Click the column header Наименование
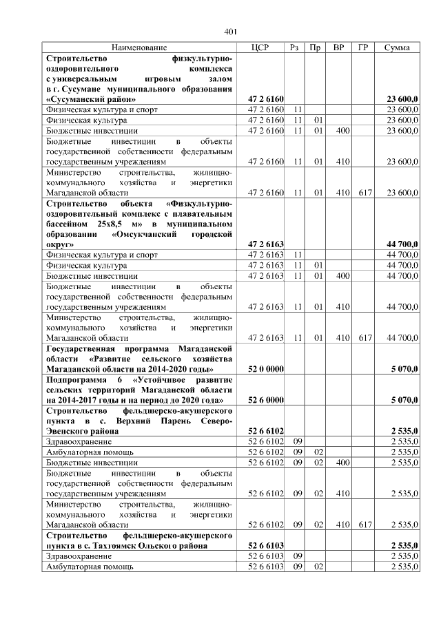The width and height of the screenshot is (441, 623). [x=139, y=47]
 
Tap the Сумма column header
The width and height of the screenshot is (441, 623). [x=397, y=47]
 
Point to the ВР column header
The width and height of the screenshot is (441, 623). [x=338, y=47]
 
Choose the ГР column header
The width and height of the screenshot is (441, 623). [x=363, y=47]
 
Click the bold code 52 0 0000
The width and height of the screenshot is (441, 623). [x=266, y=370]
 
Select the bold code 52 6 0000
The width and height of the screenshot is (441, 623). [x=266, y=400]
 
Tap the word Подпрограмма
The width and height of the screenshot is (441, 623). [x=75, y=380]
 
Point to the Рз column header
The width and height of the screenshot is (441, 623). [x=294, y=47]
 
